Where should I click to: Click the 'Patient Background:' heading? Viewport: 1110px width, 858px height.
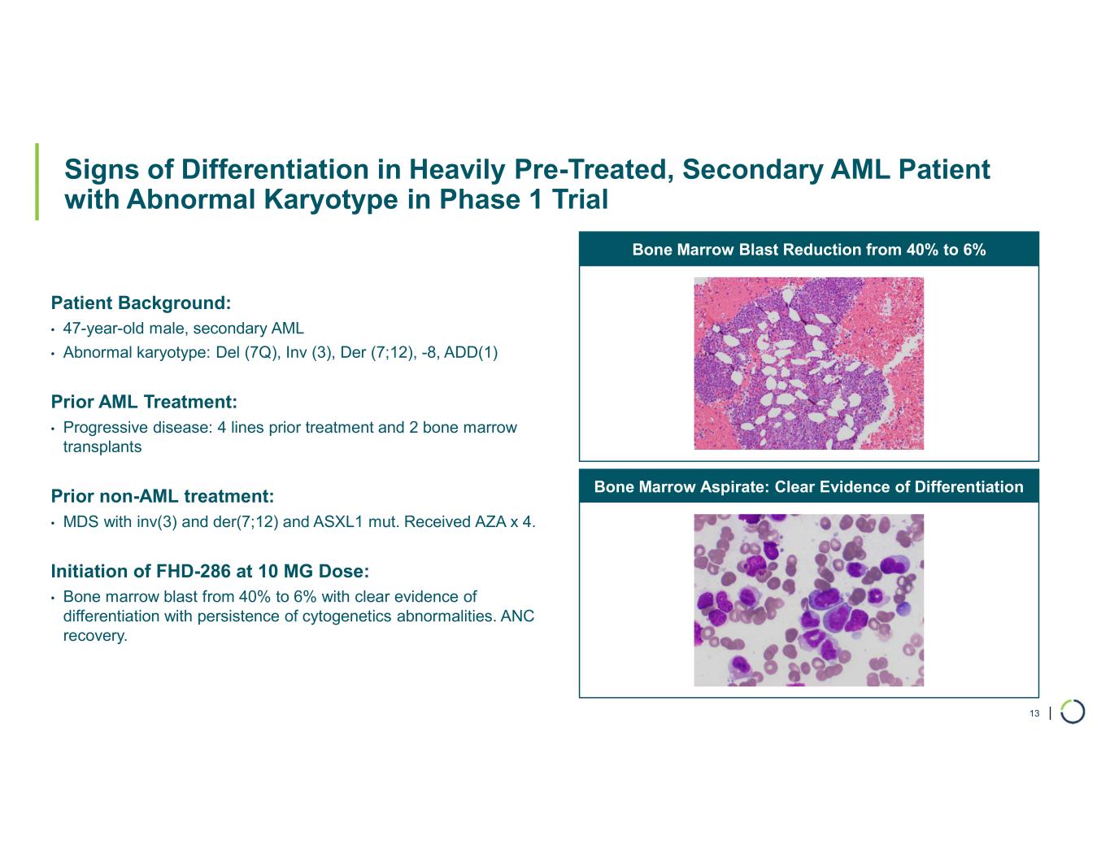coord(141,303)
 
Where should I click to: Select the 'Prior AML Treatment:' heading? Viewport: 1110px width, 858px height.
coord(144,402)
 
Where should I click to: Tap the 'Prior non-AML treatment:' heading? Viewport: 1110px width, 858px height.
coord(163,496)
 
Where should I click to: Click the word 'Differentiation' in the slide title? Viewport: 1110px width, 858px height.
coord(275,169)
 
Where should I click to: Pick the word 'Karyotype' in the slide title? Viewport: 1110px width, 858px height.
coord(331,200)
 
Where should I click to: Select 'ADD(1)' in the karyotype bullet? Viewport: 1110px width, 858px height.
coord(471,352)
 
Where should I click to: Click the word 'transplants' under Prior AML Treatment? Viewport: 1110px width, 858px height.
coord(102,446)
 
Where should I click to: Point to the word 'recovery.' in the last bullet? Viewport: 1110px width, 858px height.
coord(95,636)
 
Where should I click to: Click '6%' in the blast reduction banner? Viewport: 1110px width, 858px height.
coord(974,249)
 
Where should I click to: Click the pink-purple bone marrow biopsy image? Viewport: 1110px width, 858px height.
coord(808,363)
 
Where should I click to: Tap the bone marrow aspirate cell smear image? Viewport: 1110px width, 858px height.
coord(808,600)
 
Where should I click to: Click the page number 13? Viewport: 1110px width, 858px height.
coord(1034,713)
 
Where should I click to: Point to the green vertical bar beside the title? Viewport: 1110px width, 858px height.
coord(37,182)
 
